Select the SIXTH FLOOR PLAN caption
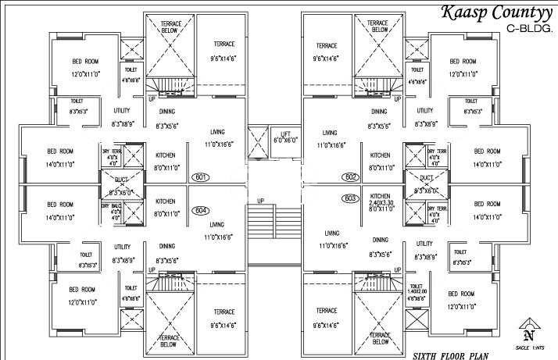pos(445,355)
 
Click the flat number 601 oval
pos(201,177)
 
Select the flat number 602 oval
pos(351,177)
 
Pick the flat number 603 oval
pos(351,198)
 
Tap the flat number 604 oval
pos(201,209)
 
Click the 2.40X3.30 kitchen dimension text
pos(381,202)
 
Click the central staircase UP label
pos(260,201)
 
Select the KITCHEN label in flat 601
pos(165,155)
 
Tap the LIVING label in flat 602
pos(330,133)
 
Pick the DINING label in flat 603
pos(381,241)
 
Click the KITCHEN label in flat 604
pos(165,201)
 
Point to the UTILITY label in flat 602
pos(424,111)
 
